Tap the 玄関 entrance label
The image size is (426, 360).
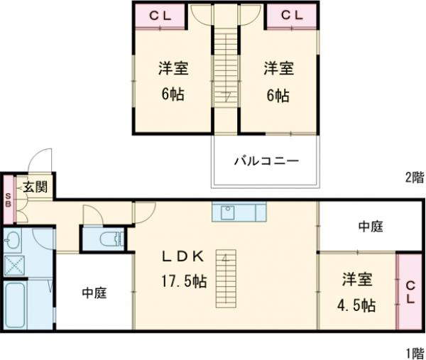click(x=34, y=187)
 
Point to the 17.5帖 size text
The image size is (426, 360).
click(x=182, y=280)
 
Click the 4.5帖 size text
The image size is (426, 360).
click(x=357, y=305)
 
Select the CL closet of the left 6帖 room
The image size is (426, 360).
click(x=159, y=15)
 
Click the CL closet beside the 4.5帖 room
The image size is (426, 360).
click(x=410, y=291)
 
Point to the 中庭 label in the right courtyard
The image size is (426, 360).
click(x=370, y=227)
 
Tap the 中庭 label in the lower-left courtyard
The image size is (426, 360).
click(x=94, y=292)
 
